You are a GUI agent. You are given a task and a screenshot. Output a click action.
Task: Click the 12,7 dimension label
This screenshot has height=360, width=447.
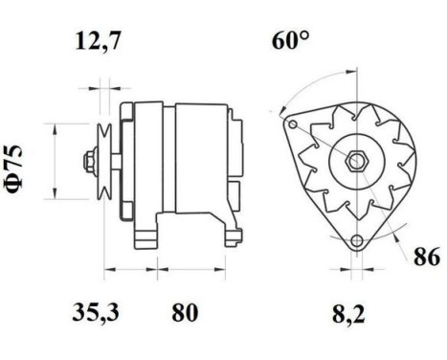pyautogui.click(x=100, y=42)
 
